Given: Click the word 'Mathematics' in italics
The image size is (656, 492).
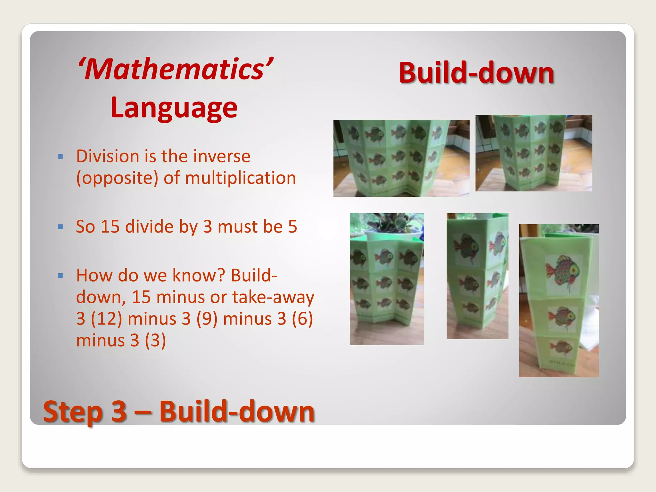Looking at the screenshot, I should (x=176, y=70).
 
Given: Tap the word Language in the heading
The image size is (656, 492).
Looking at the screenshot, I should (x=174, y=108).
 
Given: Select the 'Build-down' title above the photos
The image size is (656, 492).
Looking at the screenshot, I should (x=476, y=73).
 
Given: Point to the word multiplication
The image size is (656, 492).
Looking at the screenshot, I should (x=241, y=178).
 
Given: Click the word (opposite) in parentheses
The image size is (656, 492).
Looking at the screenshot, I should (x=117, y=178).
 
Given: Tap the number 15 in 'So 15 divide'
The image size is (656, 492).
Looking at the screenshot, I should (x=110, y=227).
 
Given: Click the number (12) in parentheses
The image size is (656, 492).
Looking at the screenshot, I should (x=106, y=319).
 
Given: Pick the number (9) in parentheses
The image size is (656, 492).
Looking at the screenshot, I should (x=207, y=319).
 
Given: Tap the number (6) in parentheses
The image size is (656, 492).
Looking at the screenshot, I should (x=302, y=319).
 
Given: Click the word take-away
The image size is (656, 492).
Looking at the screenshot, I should (x=273, y=297).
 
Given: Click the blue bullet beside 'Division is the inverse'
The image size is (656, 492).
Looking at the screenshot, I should (x=60, y=157).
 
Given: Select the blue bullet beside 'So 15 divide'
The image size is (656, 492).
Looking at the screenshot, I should (x=60, y=227).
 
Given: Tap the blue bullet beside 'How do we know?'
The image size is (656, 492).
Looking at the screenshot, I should (x=60, y=275).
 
